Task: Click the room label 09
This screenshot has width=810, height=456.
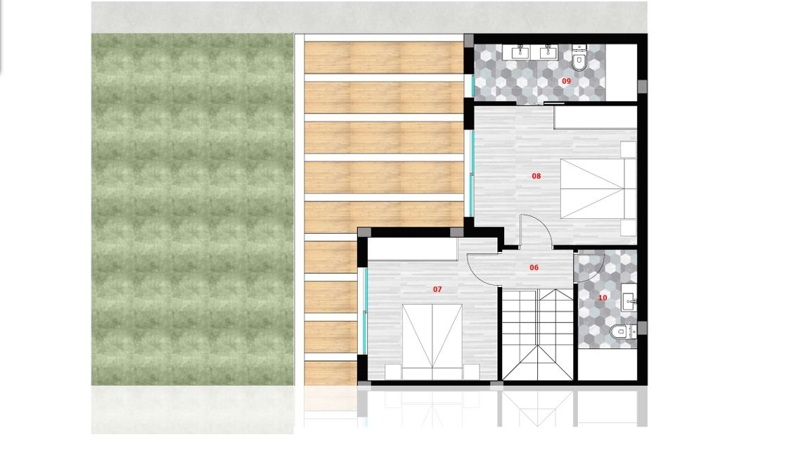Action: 566,81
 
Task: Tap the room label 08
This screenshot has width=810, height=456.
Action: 536,176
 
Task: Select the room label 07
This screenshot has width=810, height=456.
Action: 437,289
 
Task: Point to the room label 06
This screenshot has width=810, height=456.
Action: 534,267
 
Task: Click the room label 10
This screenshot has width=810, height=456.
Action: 603,298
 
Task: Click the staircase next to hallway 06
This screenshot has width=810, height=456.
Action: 538,334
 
